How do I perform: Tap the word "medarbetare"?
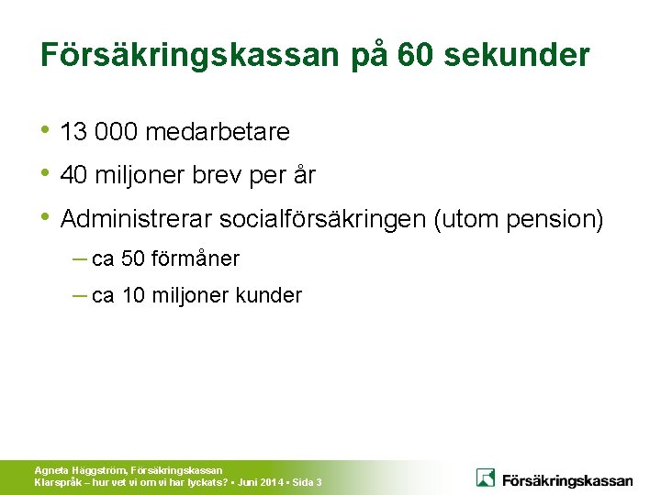(217, 133)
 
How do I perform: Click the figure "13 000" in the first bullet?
(98, 133)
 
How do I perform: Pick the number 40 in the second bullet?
(73, 175)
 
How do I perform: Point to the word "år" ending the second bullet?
(303, 175)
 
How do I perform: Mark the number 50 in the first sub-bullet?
(133, 259)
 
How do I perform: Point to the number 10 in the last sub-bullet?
(133, 296)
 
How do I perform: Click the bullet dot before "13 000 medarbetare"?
(47, 130)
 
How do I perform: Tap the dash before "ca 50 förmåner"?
(80, 258)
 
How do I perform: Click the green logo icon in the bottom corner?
(486, 478)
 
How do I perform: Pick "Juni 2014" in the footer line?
(260, 481)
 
